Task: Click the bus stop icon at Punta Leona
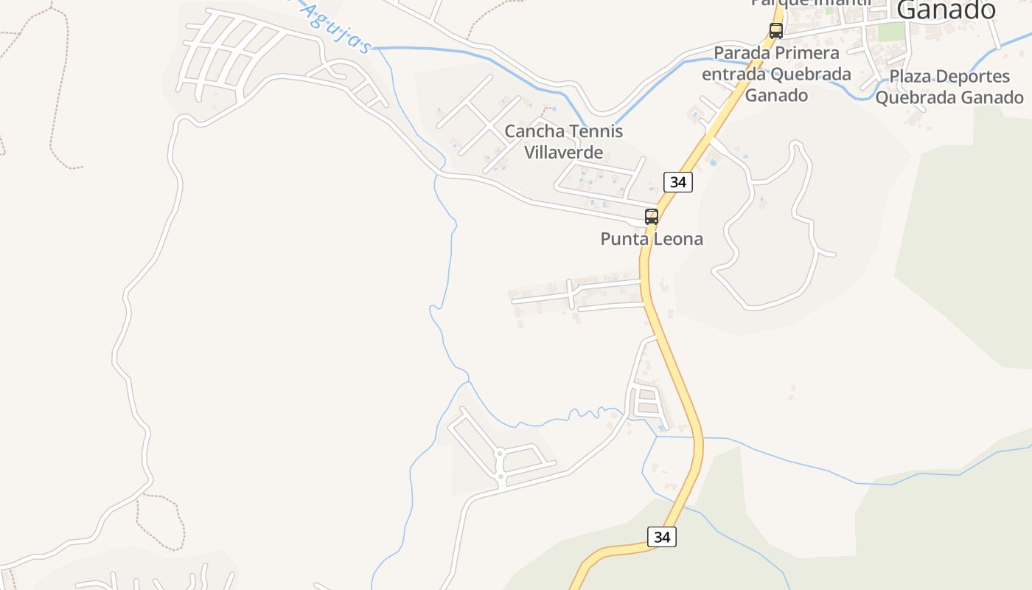(x=652, y=217)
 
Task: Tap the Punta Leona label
(x=652, y=239)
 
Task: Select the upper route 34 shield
(x=677, y=181)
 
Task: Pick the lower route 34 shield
(x=662, y=537)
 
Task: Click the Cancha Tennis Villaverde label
(x=564, y=142)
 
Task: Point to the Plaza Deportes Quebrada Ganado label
(x=949, y=87)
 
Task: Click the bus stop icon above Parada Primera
(x=775, y=31)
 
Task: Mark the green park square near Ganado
(x=891, y=32)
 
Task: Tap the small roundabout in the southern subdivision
(x=499, y=454)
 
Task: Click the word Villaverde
(x=564, y=153)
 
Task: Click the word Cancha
(x=529, y=132)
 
